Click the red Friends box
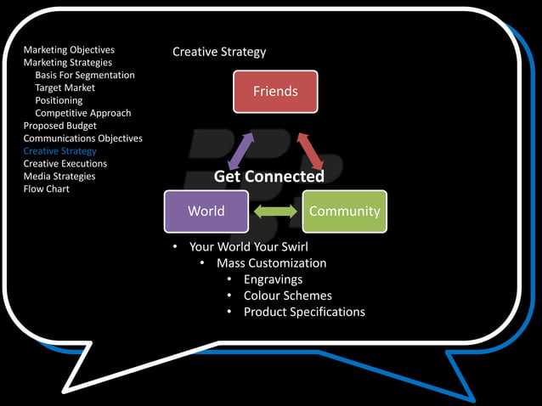[275, 91]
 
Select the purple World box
[206, 211]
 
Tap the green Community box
[344, 211]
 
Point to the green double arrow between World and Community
[275, 211]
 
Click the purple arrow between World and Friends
[240, 150]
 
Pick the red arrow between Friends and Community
[309, 150]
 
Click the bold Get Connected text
[268, 177]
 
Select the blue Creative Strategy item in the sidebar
[59, 151]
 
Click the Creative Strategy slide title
[219, 52]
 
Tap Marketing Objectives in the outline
[69, 50]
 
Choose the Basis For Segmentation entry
[85, 76]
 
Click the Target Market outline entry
[65, 88]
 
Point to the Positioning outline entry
[59, 101]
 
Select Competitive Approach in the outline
[83, 114]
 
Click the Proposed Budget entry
[59, 126]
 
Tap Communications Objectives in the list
[82, 138]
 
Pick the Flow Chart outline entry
[47, 189]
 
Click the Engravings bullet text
[273, 279]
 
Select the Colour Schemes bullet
[287, 296]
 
